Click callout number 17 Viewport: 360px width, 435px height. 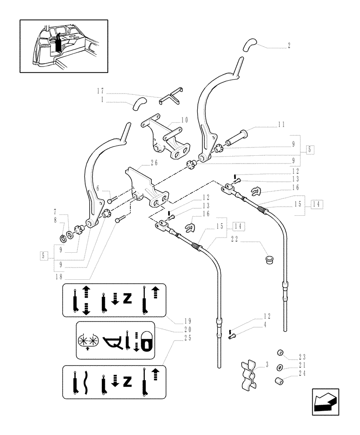pyautogui.click(x=100, y=91)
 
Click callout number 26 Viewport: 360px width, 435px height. pyautogui.click(x=154, y=163)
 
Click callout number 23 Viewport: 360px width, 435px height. pyautogui.click(x=302, y=355)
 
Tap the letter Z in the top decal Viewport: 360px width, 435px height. pyautogui.click(x=127, y=299)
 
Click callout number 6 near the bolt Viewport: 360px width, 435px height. pyautogui.click(x=98, y=189)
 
